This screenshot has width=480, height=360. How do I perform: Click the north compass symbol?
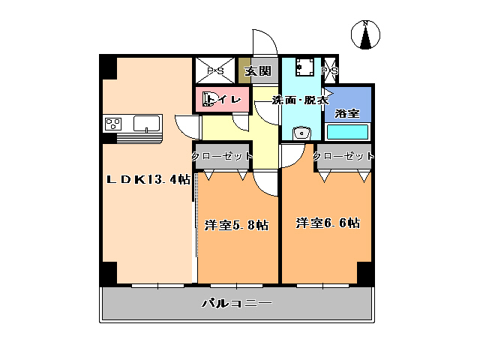coord(365,35)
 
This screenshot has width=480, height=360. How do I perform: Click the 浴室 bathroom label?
coord(347,113)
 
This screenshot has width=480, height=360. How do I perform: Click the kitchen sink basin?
coord(146,123)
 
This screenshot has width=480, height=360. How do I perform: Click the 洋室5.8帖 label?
coord(236,224)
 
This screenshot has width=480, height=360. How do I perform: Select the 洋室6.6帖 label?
coord(327,223)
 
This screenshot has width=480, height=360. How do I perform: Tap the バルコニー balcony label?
coord(235,304)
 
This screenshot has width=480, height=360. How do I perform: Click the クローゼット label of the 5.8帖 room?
coord(222,156)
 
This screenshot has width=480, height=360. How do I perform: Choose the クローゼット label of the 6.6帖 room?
coord(343,156)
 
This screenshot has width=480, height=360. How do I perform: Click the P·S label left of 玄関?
coord(215,71)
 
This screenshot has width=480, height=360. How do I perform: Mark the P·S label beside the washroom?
coord(329,71)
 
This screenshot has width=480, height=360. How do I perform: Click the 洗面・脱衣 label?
coord(301,100)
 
